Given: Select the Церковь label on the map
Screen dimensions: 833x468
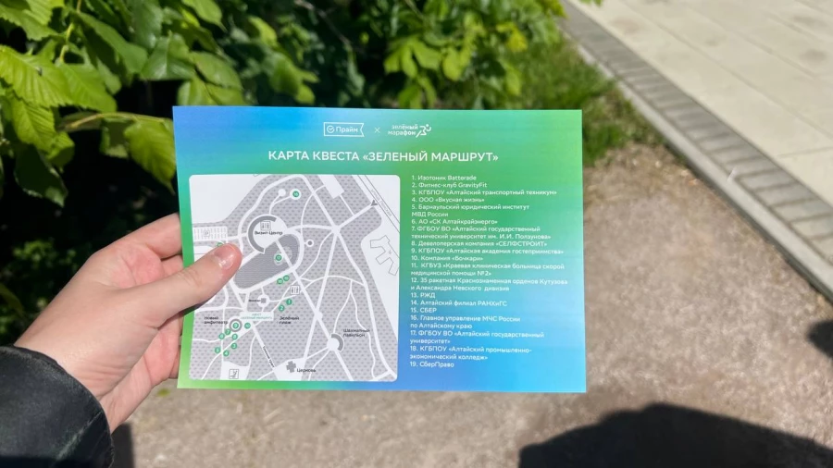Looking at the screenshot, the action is click(x=306, y=368).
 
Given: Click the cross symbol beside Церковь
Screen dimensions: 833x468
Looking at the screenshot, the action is click(x=291, y=367).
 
